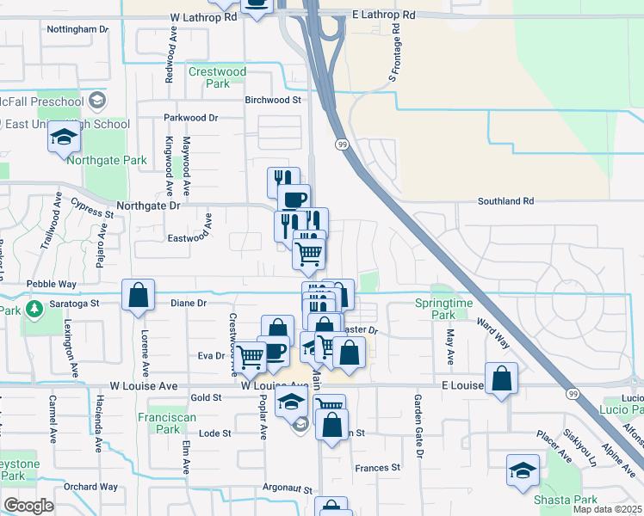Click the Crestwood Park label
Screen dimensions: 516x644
tap(217, 77)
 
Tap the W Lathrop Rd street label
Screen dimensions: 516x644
tap(203, 17)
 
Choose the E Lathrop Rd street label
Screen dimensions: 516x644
tap(384, 15)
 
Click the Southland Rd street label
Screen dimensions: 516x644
tap(506, 201)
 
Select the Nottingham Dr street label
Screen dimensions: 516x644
tap(77, 29)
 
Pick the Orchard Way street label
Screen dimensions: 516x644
tap(90, 487)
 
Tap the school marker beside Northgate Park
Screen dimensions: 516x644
tap(64, 138)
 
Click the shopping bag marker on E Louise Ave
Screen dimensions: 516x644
tap(501, 378)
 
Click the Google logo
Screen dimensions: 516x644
tap(29, 506)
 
